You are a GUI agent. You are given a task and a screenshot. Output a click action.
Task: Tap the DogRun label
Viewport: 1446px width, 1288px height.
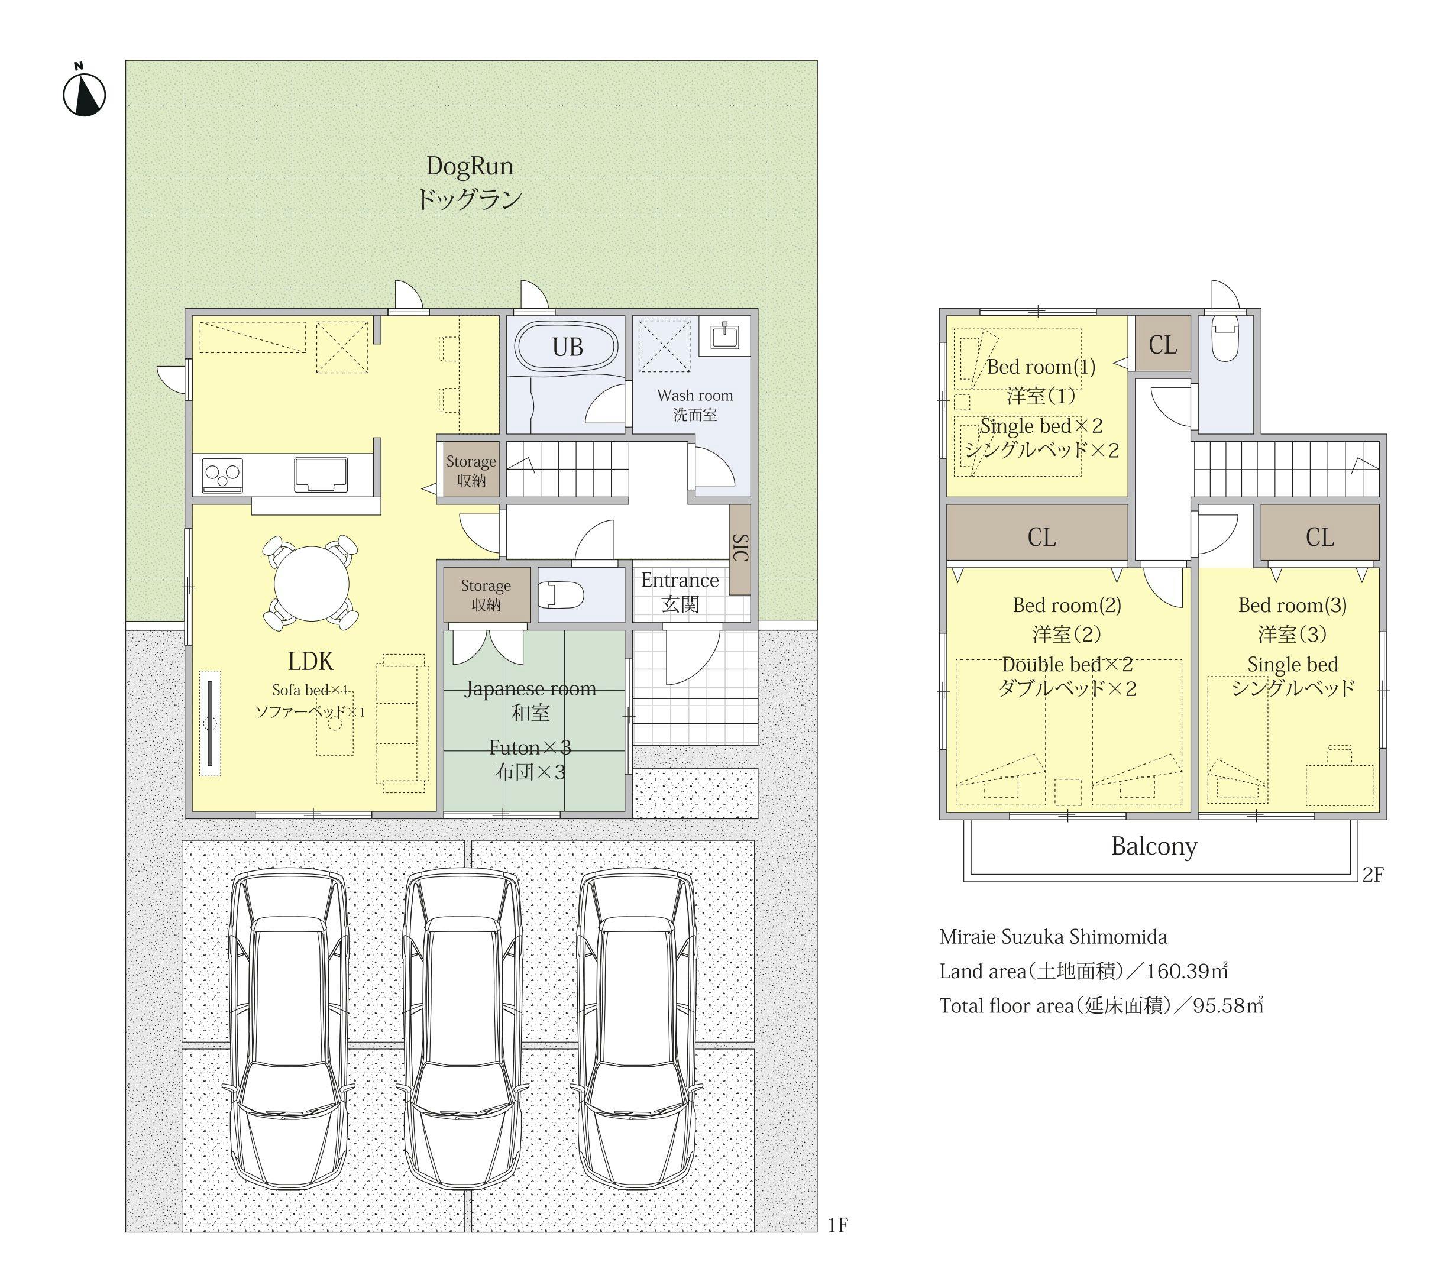(469, 166)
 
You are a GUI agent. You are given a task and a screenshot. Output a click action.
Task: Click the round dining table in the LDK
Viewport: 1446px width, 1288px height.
(312, 583)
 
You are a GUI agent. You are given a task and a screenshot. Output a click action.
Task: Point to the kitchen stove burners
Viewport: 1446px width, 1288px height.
(223, 475)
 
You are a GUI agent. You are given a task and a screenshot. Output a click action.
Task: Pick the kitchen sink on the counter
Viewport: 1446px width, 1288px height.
(321, 474)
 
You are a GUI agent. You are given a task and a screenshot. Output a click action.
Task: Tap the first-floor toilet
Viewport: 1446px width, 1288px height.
(561, 594)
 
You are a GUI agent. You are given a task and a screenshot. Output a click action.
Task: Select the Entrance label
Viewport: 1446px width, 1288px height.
(680, 580)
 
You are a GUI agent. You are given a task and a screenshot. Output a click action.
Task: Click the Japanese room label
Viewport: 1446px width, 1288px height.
(530, 688)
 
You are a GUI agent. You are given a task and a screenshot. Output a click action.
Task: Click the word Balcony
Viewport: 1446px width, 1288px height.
(1154, 846)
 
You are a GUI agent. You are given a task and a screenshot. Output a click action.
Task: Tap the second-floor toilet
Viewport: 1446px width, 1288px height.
(1224, 339)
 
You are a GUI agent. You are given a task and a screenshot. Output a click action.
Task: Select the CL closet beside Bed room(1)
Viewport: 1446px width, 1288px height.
(1163, 345)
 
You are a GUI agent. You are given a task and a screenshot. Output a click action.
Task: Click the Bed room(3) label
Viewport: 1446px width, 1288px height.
(1292, 605)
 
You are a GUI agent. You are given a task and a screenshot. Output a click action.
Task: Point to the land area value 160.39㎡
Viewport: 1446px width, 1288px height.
(1187, 971)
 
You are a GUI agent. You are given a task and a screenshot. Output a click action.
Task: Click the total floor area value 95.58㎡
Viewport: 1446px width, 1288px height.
(1228, 1006)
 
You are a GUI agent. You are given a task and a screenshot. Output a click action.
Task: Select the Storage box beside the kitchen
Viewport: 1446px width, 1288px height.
(471, 471)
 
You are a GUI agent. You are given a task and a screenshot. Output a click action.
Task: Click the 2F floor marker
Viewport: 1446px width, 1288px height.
(1373, 875)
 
